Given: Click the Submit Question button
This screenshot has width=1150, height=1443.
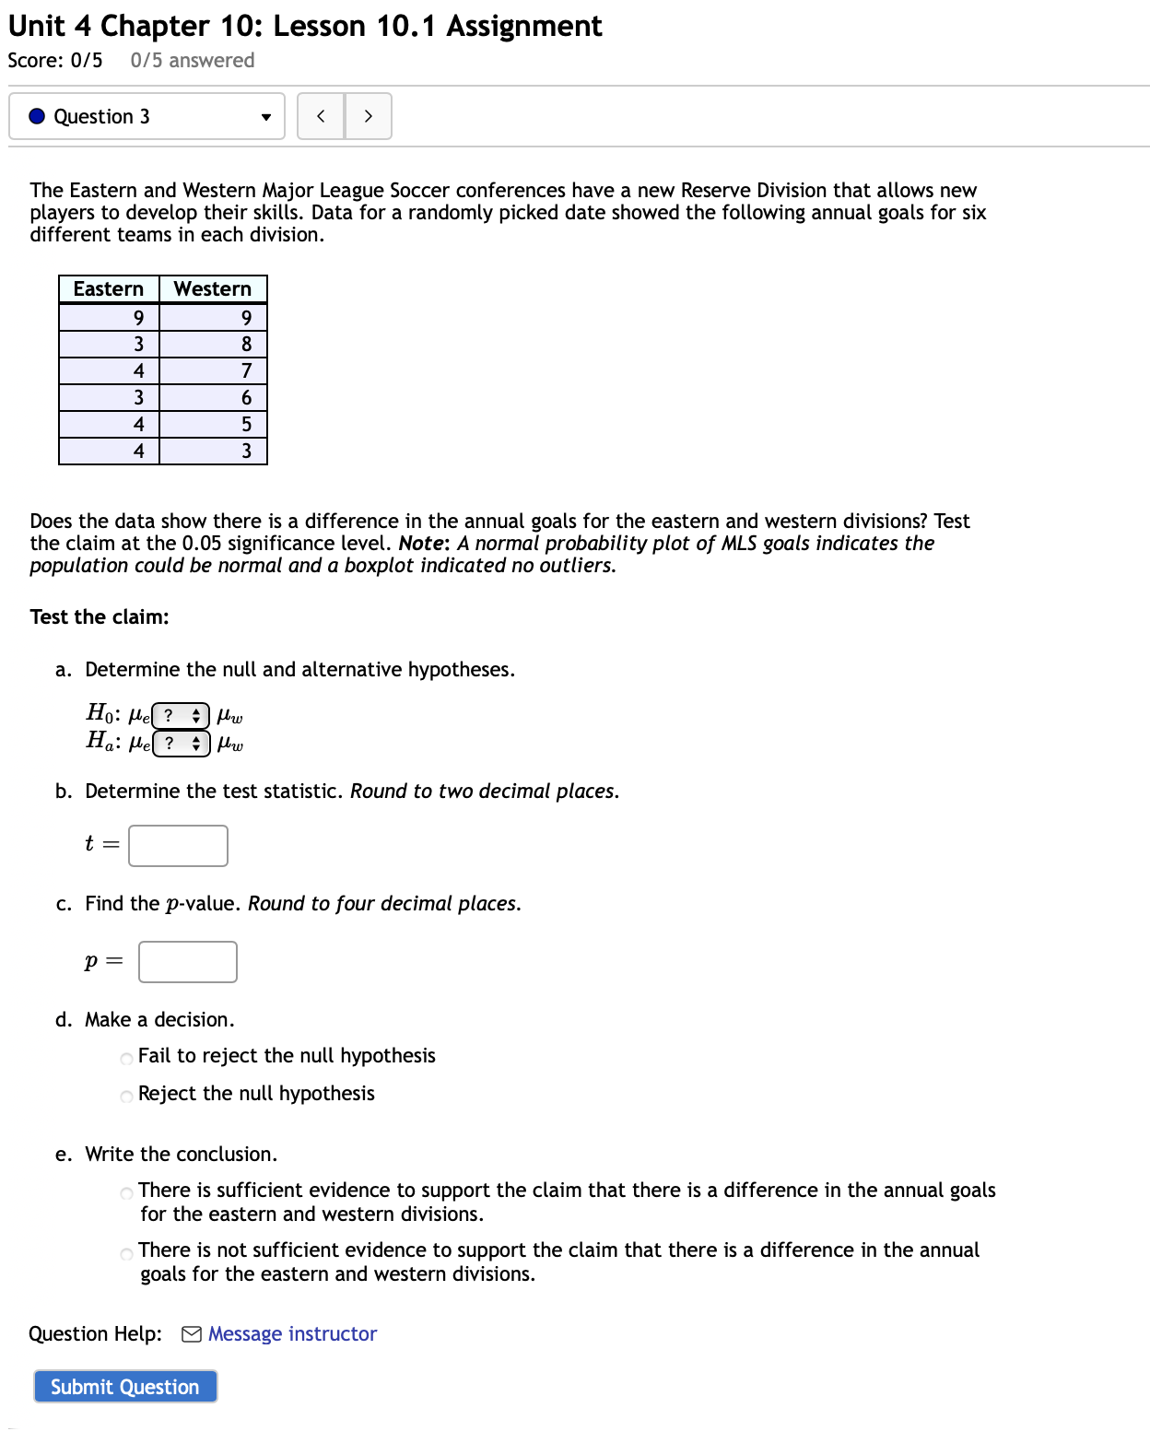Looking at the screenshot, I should click(125, 1387).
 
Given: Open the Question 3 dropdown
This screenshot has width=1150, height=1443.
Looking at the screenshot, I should click(147, 116).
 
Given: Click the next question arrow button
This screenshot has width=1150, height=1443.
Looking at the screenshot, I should click(369, 116).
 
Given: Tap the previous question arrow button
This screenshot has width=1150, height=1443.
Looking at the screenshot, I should click(321, 116).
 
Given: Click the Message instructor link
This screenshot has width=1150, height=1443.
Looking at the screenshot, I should click(292, 1334).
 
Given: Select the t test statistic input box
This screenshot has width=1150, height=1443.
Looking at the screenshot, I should click(178, 846).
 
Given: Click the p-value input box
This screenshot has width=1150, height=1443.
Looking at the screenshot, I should click(188, 962).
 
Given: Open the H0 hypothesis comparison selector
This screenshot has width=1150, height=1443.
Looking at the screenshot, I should click(181, 715).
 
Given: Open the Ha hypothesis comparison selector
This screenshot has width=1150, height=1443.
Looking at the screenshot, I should click(182, 743).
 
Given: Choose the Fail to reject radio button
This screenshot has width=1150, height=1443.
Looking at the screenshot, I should click(127, 1058).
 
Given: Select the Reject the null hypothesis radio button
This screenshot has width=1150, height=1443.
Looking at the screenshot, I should click(127, 1096).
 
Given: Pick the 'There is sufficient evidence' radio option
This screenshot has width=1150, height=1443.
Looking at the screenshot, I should click(127, 1193).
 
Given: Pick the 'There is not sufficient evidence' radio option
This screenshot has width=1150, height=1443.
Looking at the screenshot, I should click(127, 1253).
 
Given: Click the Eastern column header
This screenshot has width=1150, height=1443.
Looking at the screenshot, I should click(109, 289).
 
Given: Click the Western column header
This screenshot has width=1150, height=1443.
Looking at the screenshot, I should click(213, 289).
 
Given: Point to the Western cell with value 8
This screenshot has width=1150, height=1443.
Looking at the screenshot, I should click(246, 345).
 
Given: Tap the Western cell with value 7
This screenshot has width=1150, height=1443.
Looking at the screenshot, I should click(246, 371).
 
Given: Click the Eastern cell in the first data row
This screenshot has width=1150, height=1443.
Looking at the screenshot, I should click(138, 318).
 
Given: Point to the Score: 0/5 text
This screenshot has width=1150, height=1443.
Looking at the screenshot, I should click(55, 61).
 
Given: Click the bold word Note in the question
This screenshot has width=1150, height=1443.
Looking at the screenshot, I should click(422, 544).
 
